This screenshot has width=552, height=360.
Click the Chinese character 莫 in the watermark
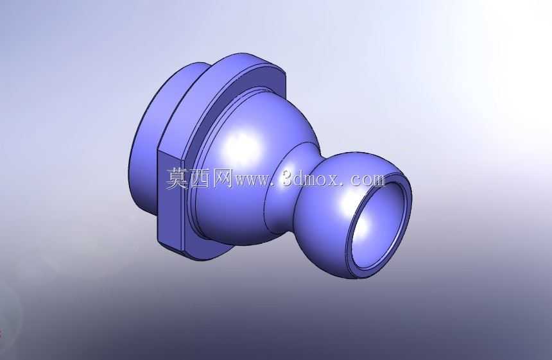[177, 179]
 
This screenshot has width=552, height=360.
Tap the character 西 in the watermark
[199, 179]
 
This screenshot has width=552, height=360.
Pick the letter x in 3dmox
[336, 181]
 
